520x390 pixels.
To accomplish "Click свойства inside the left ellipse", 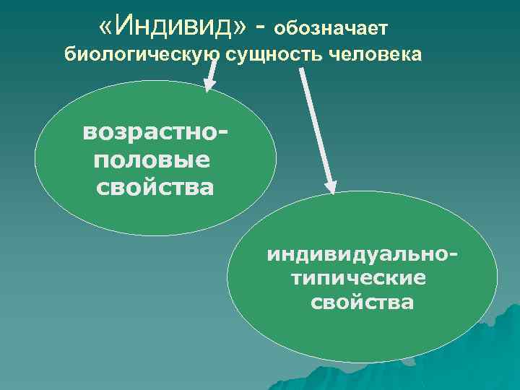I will [155, 187].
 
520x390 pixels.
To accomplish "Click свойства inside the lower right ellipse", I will [363, 302].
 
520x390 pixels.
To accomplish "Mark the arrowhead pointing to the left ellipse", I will [208, 85].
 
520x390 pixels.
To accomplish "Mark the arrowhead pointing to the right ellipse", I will [329, 186].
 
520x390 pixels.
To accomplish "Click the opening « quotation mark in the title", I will [108, 27].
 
